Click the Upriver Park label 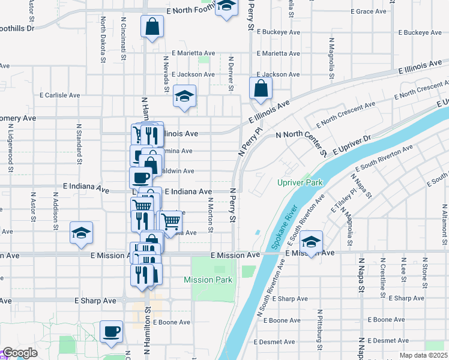pyautogui.click(x=300, y=182)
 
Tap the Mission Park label pyautogui.click(x=208, y=280)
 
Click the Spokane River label pyautogui.click(x=283, y=228)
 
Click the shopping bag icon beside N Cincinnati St pyautogui.click(x=152, y=26)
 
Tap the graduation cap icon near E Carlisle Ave pyautogui.click(x=184, y=95)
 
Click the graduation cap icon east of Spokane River pyautogui.click(x=312, y=241)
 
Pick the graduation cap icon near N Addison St pyautogui.click(x=82, y=233)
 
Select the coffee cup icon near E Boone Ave pyautogui.click(x=111, y=331)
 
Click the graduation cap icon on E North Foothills pyautogui.click(x=226, y=7)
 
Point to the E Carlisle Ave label pyautogui.click(x=59, y=95)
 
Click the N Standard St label pyautogui.click(x=79, y=144)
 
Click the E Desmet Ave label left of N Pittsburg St pyautogui.click(x=274, y=341)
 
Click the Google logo pyautogui.click(x=19, y=353)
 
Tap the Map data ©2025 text pyautogui.click(x=423, y=355)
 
